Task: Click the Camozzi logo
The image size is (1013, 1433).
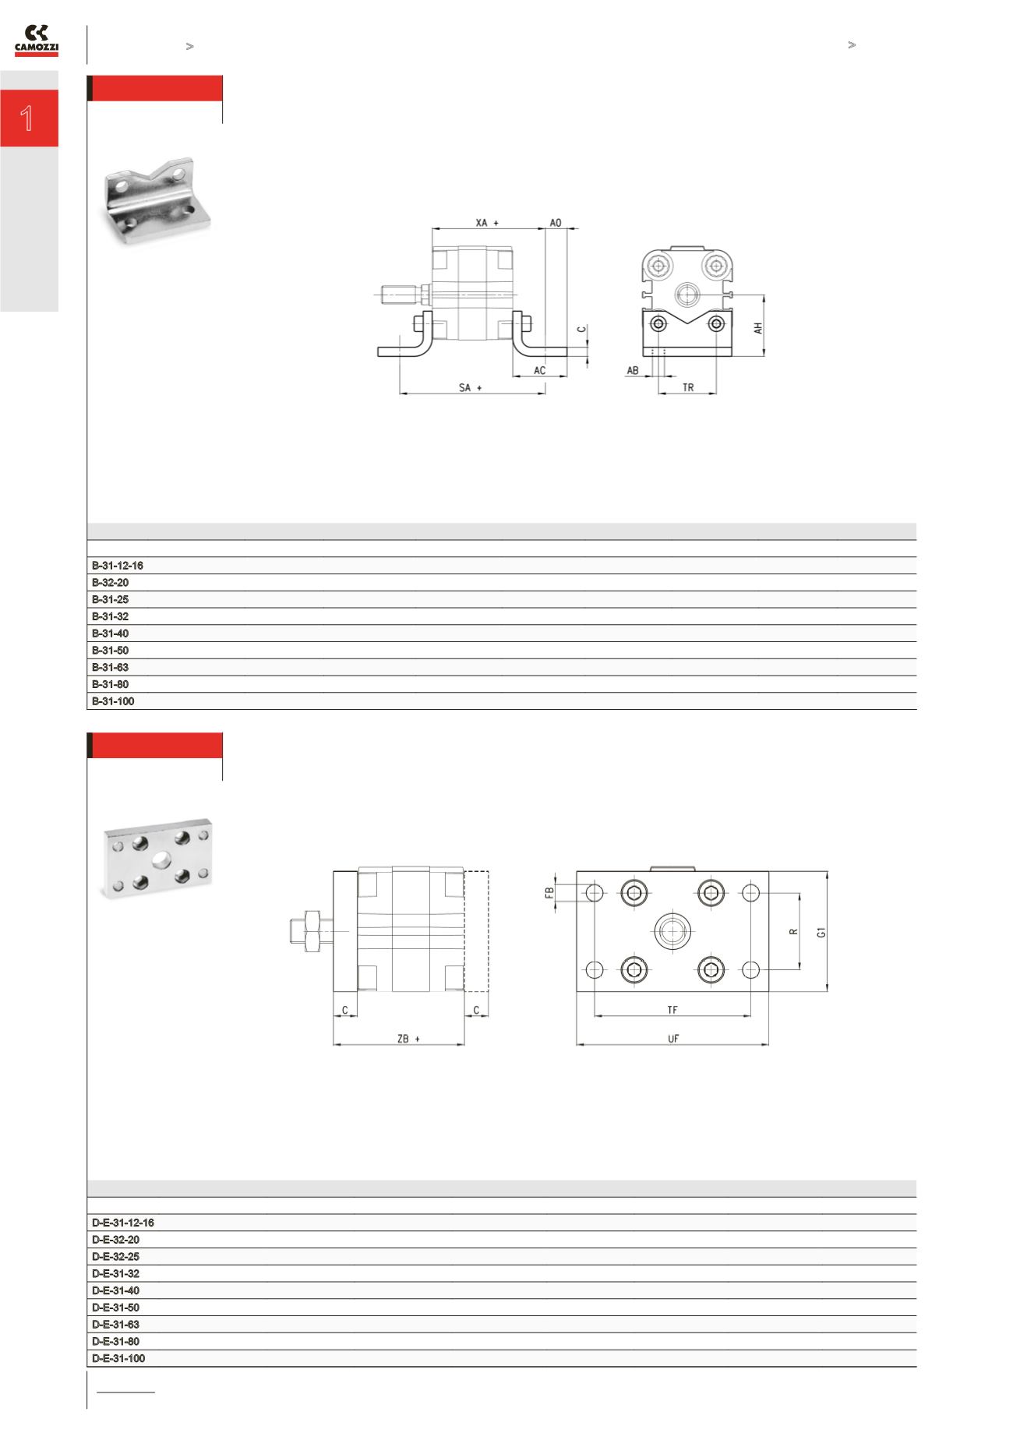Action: click(37, 41)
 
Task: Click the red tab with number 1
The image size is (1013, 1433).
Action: click(29, 118)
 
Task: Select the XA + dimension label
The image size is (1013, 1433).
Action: click(487, 223)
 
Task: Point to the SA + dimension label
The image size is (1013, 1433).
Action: click(470, 387)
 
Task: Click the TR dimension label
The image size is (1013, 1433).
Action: click(688, 387)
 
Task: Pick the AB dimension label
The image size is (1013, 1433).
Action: click(633, 371)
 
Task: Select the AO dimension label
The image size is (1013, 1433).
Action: click(556, 223)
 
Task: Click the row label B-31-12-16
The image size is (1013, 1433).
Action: click(118, 566)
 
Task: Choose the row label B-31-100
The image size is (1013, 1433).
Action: click(113, 701)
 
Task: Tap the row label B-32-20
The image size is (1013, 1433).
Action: click(110, 583)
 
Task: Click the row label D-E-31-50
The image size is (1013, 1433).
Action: click(115, 1308)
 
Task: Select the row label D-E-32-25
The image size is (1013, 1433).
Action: click(115, 1257)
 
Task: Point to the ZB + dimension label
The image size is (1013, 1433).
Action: click(408, 1039)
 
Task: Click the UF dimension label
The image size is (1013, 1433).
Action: click(673, 1039)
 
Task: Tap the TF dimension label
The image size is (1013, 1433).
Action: click(672, 1010)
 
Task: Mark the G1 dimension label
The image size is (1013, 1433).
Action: click(821, 932)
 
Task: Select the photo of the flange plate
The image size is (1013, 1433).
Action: click(157, 858)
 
